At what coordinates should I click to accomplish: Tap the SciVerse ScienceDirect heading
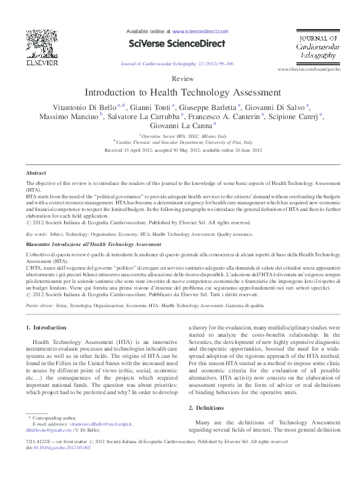176,44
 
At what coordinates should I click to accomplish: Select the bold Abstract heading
36,173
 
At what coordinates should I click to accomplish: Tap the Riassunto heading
38,244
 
